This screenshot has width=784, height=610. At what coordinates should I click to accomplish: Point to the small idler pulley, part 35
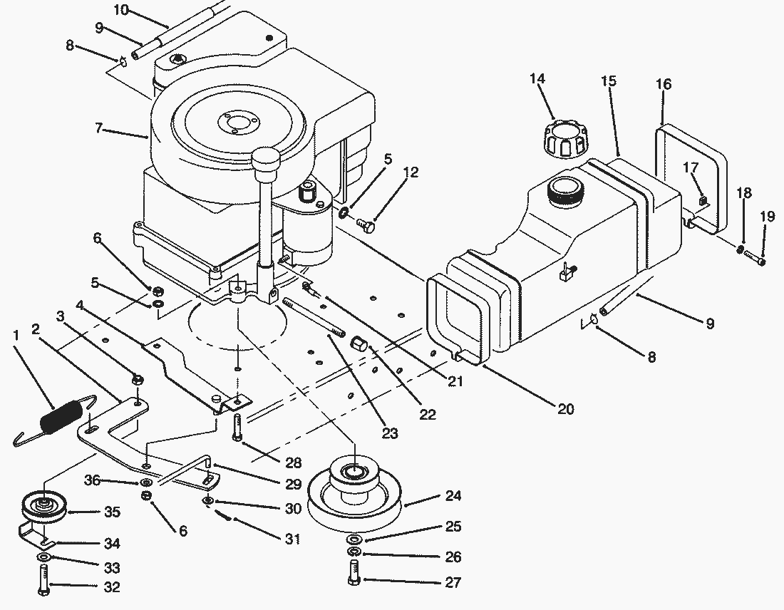pyautogui.click(x=44, y=509)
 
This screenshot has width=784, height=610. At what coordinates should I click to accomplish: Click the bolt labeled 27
pyautogui.click(x=354, y=573)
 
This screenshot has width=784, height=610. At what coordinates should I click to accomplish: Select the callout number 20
pyautogui.click(x=565, y=410)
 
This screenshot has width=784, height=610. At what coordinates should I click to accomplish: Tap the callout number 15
pyautogui.click(x=609, y=81)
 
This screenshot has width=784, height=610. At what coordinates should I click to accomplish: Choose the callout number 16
pyautogui.click(x=663, y=84)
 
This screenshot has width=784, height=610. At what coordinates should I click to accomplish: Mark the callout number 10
pyautogui.click(x=121, y=10)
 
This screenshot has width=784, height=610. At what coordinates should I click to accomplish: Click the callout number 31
pyautogui.click(x=292, y=539)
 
